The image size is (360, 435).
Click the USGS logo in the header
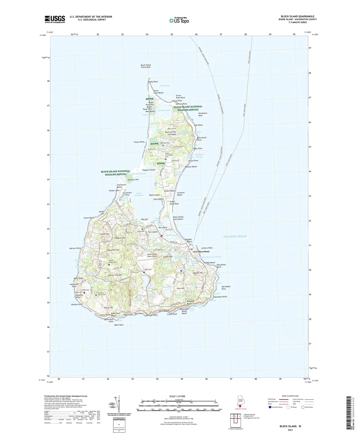[x=55, y=19]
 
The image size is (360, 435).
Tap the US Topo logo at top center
[x=179, y=20]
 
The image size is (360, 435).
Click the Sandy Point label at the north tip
[x=153, y=82]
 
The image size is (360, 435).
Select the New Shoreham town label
[x=201, y=252]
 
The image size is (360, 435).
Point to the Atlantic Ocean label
[x=235, y=236]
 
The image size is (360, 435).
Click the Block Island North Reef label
[x=146, y=66]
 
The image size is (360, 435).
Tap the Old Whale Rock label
[x=226, y=288]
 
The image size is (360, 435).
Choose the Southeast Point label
[x=220, y=297]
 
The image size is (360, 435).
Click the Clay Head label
[x=198, y=125]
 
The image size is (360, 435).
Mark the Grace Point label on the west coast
[x=89, y=218]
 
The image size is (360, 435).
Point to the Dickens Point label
[x=77, y=304]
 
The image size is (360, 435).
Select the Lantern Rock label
[x=207, y=248]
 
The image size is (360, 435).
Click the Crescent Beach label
[x=181, y=194]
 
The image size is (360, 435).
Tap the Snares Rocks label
[x=139, y=142]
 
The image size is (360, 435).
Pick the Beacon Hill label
[x=120, y=238]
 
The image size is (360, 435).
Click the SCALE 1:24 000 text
[x=177, y=396]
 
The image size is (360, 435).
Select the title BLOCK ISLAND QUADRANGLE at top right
[x=297, y=16]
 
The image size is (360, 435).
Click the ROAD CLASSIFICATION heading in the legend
[x=290, y=396]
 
